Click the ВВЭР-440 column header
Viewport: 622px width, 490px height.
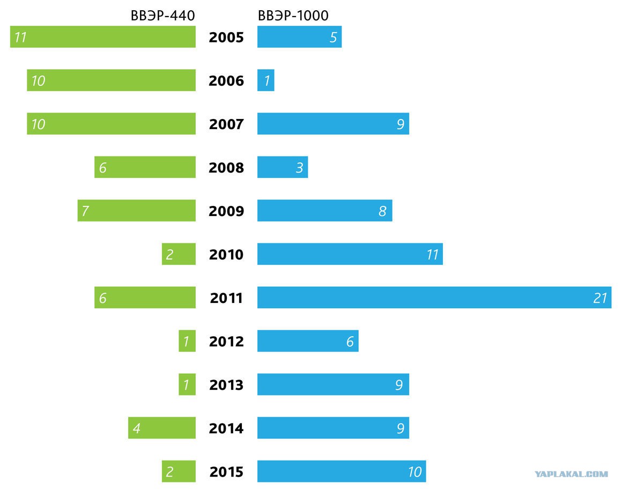tap(162, 16)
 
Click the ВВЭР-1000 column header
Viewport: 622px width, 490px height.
tap(293, 16)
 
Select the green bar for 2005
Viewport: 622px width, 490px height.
tap(103, 37)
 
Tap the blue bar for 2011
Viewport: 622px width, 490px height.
tap(434, 298)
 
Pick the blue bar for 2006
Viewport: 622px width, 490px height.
tap(266, 80)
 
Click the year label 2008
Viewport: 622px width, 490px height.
tap(226, 167)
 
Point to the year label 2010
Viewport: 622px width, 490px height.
tap(226, 254)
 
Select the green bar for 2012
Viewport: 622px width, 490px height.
tap(187, 341)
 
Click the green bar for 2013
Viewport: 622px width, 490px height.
tap(187, 384)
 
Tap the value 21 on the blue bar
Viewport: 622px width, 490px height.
tap(600, 298)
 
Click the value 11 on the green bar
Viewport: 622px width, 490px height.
tap(20, 38)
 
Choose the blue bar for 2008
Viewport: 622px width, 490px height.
tap(283, 167)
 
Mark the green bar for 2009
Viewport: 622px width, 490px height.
tap(136, 211)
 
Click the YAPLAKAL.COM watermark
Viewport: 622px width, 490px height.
tap(571, 474)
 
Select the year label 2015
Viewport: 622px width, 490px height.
tap(226, 472)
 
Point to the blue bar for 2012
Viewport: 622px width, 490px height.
tap(308, 341)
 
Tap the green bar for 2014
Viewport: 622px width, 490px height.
tap(162, 428)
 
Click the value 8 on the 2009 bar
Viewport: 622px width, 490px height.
tap(382, 211)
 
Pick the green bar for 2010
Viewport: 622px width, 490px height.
tap(179, 254)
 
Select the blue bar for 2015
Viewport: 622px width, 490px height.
tap(342, 471)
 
